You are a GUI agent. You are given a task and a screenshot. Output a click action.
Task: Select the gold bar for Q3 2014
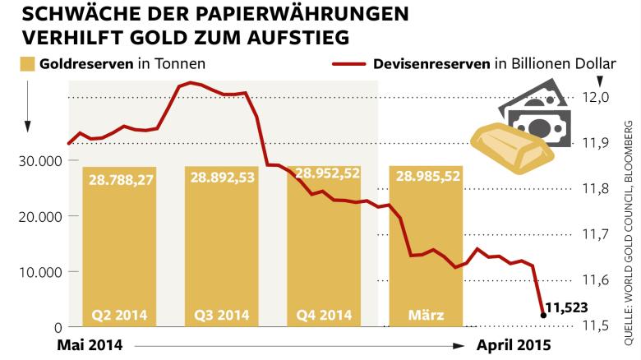coord(222,247)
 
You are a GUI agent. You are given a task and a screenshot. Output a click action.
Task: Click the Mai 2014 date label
coord(90,345)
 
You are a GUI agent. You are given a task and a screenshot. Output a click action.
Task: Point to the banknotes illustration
coord(539,114)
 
